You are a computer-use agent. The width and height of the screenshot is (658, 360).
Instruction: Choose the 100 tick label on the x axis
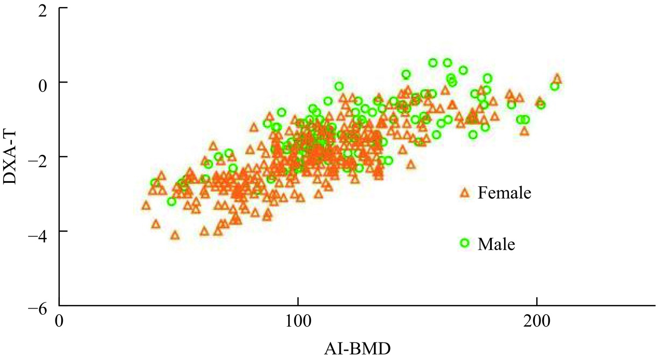[298, 321]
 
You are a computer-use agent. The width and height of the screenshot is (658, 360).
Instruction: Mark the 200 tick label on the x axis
[537, 321]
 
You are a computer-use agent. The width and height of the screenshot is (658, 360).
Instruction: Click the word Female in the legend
[504, 193]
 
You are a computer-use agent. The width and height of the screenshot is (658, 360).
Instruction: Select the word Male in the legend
[496, 244]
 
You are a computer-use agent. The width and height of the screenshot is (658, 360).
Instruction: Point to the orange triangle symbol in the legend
[464, 192]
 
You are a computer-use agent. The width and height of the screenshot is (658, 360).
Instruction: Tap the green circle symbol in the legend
[464, 243]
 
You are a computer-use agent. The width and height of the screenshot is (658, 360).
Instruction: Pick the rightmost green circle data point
[555, 86]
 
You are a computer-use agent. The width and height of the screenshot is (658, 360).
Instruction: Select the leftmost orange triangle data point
[146, 205]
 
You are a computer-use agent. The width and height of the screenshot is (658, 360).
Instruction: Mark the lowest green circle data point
[172, 201]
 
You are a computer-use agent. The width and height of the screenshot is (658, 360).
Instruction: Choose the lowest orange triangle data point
[175, 235]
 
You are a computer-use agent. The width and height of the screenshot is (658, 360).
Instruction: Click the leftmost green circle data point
[154, 182]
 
